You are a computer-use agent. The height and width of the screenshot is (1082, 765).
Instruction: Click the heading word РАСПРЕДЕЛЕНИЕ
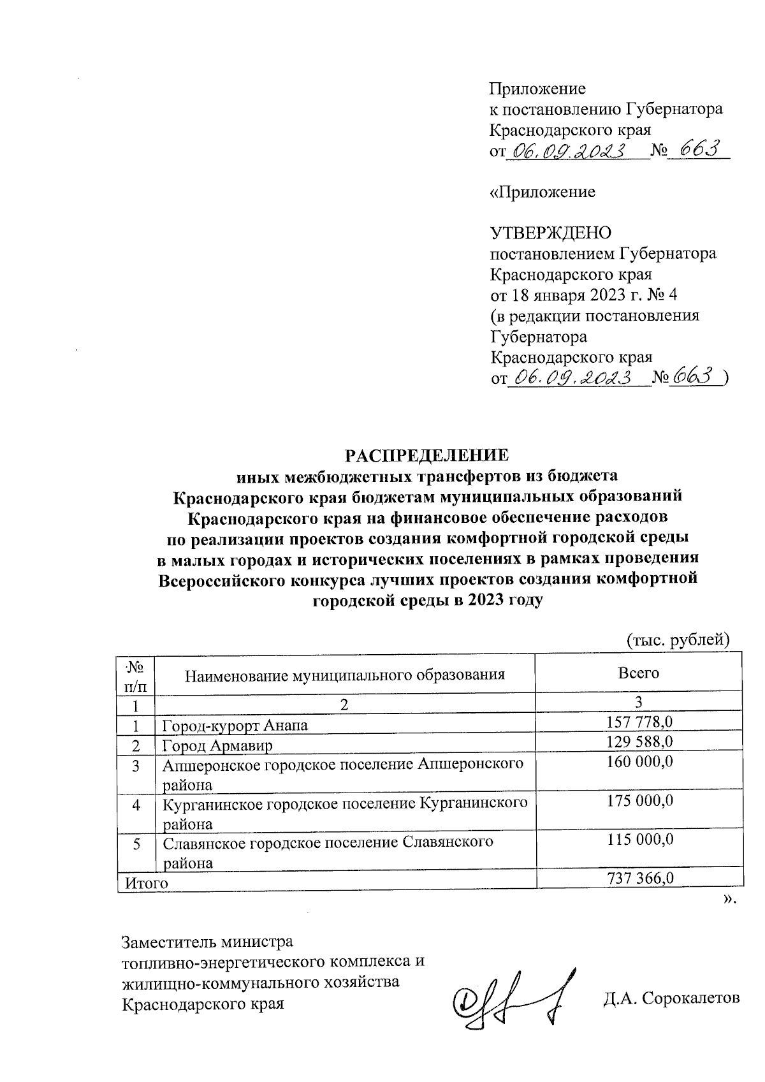tap(426, 455)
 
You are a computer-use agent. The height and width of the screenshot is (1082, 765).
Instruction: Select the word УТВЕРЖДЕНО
tap(550, 233)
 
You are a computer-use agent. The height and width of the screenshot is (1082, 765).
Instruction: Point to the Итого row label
tap(146, 882)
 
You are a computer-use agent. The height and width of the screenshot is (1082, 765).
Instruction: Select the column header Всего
tap(638, 672)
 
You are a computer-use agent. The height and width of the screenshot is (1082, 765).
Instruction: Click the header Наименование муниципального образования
tap(345, 675)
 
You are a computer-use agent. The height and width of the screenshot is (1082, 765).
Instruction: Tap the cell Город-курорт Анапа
tap(235, 725)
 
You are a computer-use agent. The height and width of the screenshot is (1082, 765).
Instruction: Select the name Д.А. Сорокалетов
tap(672, 997)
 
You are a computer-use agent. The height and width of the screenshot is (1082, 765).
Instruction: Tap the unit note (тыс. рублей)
tap(677, 639)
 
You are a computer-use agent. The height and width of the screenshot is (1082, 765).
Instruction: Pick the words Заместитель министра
tap(207, 942)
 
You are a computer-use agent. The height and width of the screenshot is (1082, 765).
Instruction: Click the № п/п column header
tap(135, 676)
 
